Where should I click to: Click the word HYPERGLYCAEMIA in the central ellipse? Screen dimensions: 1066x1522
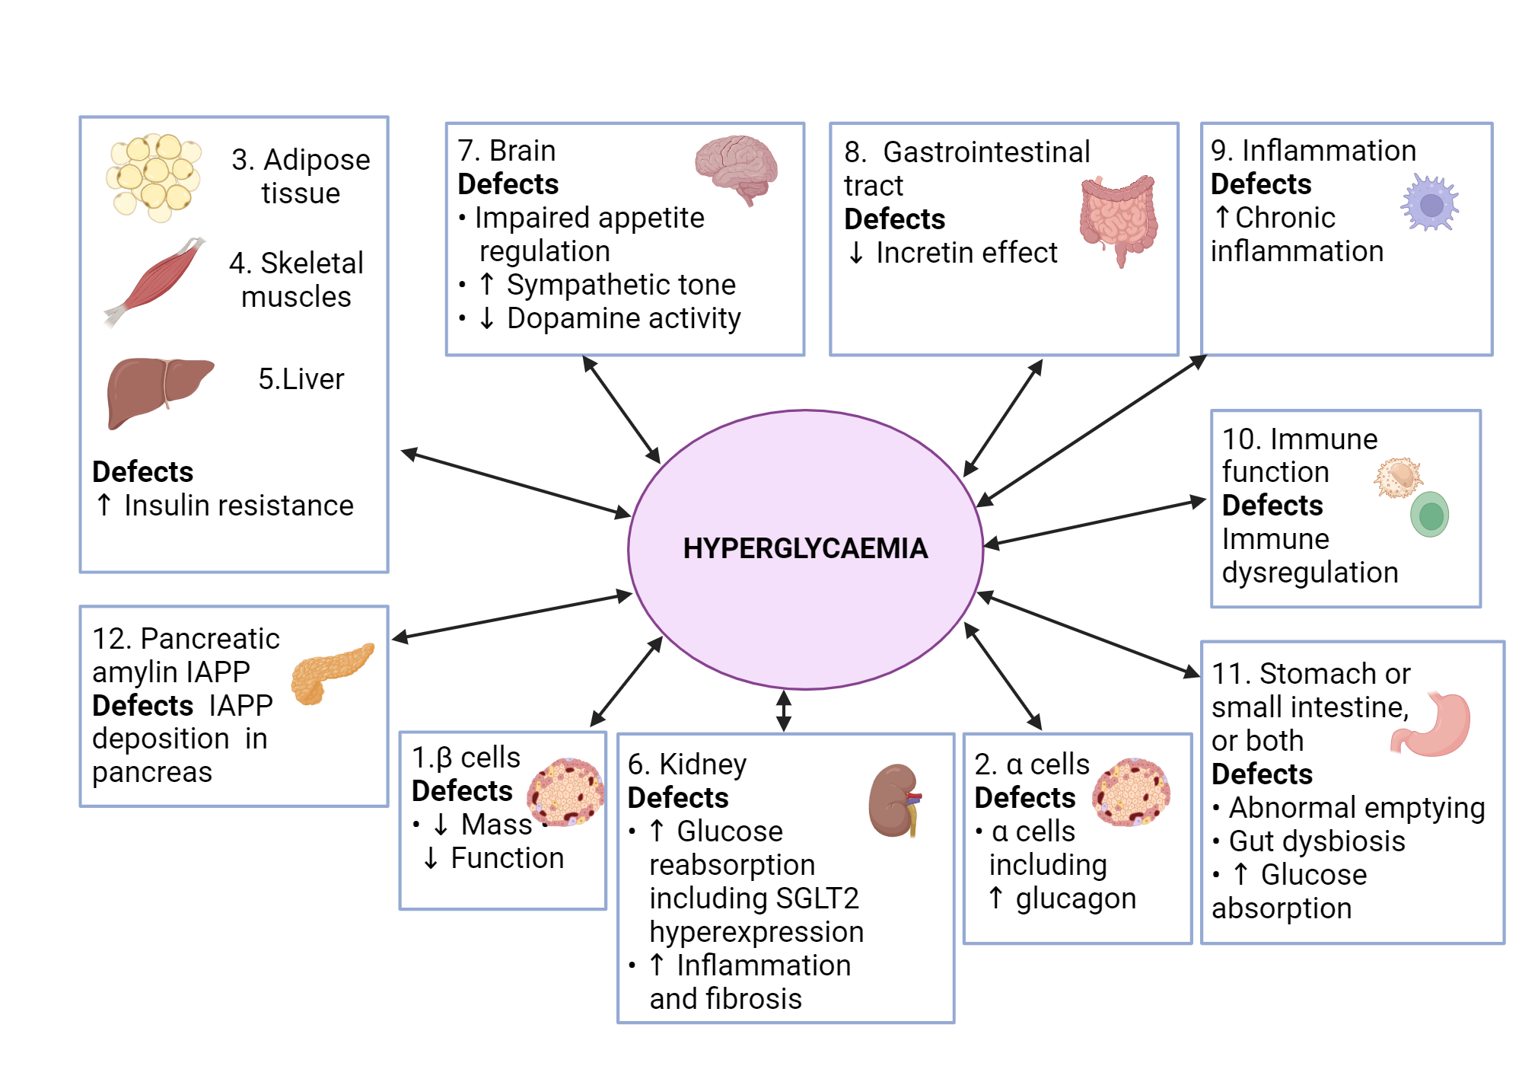[x=805, y=548]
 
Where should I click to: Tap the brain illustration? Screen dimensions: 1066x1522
[x=736, y=168]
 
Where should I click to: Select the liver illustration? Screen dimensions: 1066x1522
[x=159, y=391]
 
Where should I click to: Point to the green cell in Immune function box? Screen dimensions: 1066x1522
[x=1430, y=515]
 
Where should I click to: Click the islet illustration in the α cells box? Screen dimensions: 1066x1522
[x=1132, y=792]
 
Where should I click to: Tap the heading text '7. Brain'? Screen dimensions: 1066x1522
[x=507, y=151]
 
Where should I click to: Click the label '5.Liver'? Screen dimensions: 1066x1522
[x=301, y=379]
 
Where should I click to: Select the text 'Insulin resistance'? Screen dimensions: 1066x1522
[x=239, y=506]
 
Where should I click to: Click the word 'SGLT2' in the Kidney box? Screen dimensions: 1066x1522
[x=820, y=898]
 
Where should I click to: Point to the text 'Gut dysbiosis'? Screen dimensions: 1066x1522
[x=1317, y=841]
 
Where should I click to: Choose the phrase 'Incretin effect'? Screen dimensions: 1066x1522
[x=966, y=253]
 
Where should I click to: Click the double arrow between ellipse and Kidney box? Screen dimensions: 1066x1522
[x=784, y=710]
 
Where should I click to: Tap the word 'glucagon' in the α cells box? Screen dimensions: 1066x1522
[x=1075, y=898]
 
